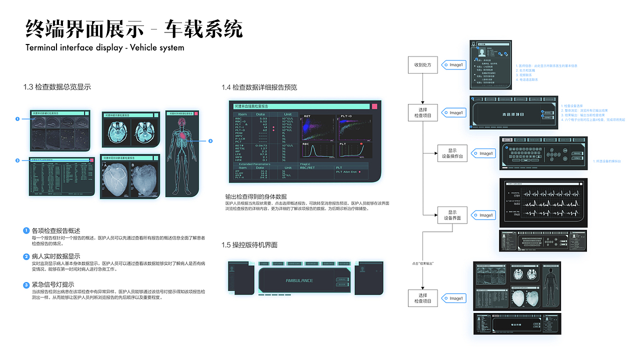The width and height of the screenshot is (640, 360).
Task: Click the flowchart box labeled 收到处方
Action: pos(422,64)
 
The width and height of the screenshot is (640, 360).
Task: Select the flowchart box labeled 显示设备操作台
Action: pos(452,153)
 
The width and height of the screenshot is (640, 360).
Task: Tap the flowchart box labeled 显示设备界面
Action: pos(452,215)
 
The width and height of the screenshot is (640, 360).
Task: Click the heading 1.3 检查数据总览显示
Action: pos(57,86)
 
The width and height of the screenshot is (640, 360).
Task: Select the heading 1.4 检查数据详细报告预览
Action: pos(259,87)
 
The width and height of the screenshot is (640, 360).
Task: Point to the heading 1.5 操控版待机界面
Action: pos(249,245)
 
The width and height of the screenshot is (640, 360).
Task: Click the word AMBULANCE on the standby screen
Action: pos(299,280)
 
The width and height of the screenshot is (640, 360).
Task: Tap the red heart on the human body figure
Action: pos(183,135)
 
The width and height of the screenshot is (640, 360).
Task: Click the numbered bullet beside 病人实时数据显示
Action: pos(26,256)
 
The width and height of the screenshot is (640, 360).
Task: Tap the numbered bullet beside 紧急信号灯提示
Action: pos(26,285)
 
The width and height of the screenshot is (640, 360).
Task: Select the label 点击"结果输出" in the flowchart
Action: pos(422,263)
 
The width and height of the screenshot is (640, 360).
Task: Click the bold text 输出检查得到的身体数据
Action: pos(256,196)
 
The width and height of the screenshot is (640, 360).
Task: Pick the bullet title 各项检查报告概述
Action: pos(56,231)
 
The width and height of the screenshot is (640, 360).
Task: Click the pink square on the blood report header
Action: pos(373,106)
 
